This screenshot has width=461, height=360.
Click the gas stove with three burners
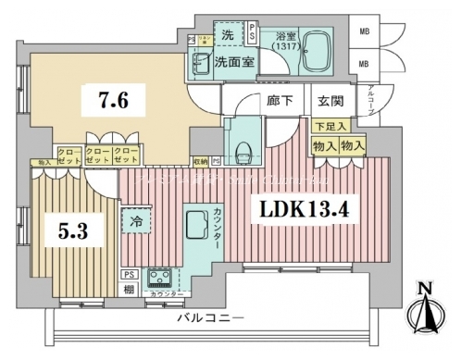[156, 278]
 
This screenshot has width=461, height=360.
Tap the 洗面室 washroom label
[234, 63]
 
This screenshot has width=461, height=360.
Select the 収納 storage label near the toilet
[202, 160]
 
